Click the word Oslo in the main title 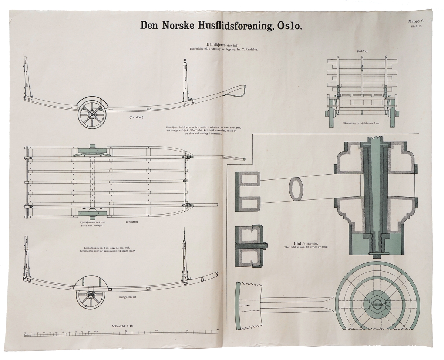pos(287,26)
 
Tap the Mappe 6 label pos(413,21)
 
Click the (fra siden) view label pos(137,117)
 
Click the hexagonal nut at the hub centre pos(377,305)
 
